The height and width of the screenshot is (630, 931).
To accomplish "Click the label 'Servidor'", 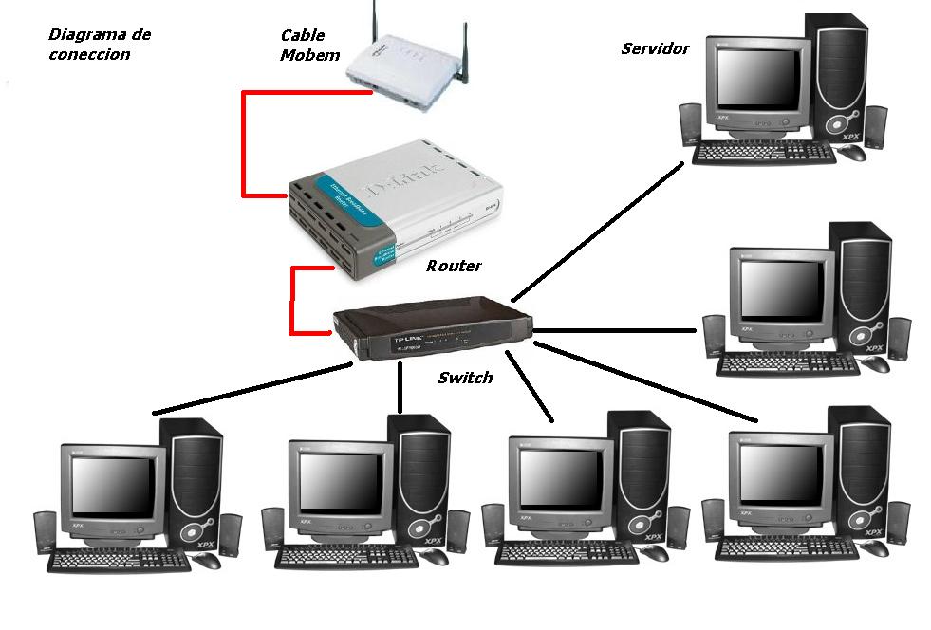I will pyautogui.click(x=655, y=48).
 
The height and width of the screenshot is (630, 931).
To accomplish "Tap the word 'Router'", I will pyautogui.click(x=454, y=267).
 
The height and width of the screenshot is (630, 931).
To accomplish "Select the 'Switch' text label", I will pyautogui.click(x=465, y=378).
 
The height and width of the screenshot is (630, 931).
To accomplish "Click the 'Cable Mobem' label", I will pyautogui.click(x=309, y=46).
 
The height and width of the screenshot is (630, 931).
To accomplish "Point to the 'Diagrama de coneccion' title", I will pyautogui.click(x=99, y=45).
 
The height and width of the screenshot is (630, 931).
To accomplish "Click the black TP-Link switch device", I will pyautogui.click(x=432, y=328).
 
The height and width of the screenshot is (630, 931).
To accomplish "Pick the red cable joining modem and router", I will pyautogui.click(x=244, y=142).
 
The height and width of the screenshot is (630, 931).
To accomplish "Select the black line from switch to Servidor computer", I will pyautogui.click(x=598, y=229).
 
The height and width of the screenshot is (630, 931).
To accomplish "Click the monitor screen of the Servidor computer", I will pyautogui.click(x=756, y=77).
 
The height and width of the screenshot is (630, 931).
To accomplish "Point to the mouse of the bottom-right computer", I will pyautogui.click(x=876, y=548).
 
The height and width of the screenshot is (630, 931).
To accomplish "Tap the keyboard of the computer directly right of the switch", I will pyautogui.click(x=787, y=363).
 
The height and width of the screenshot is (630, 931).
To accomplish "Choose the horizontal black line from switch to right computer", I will pyautogui.click(x=617, y=331).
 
